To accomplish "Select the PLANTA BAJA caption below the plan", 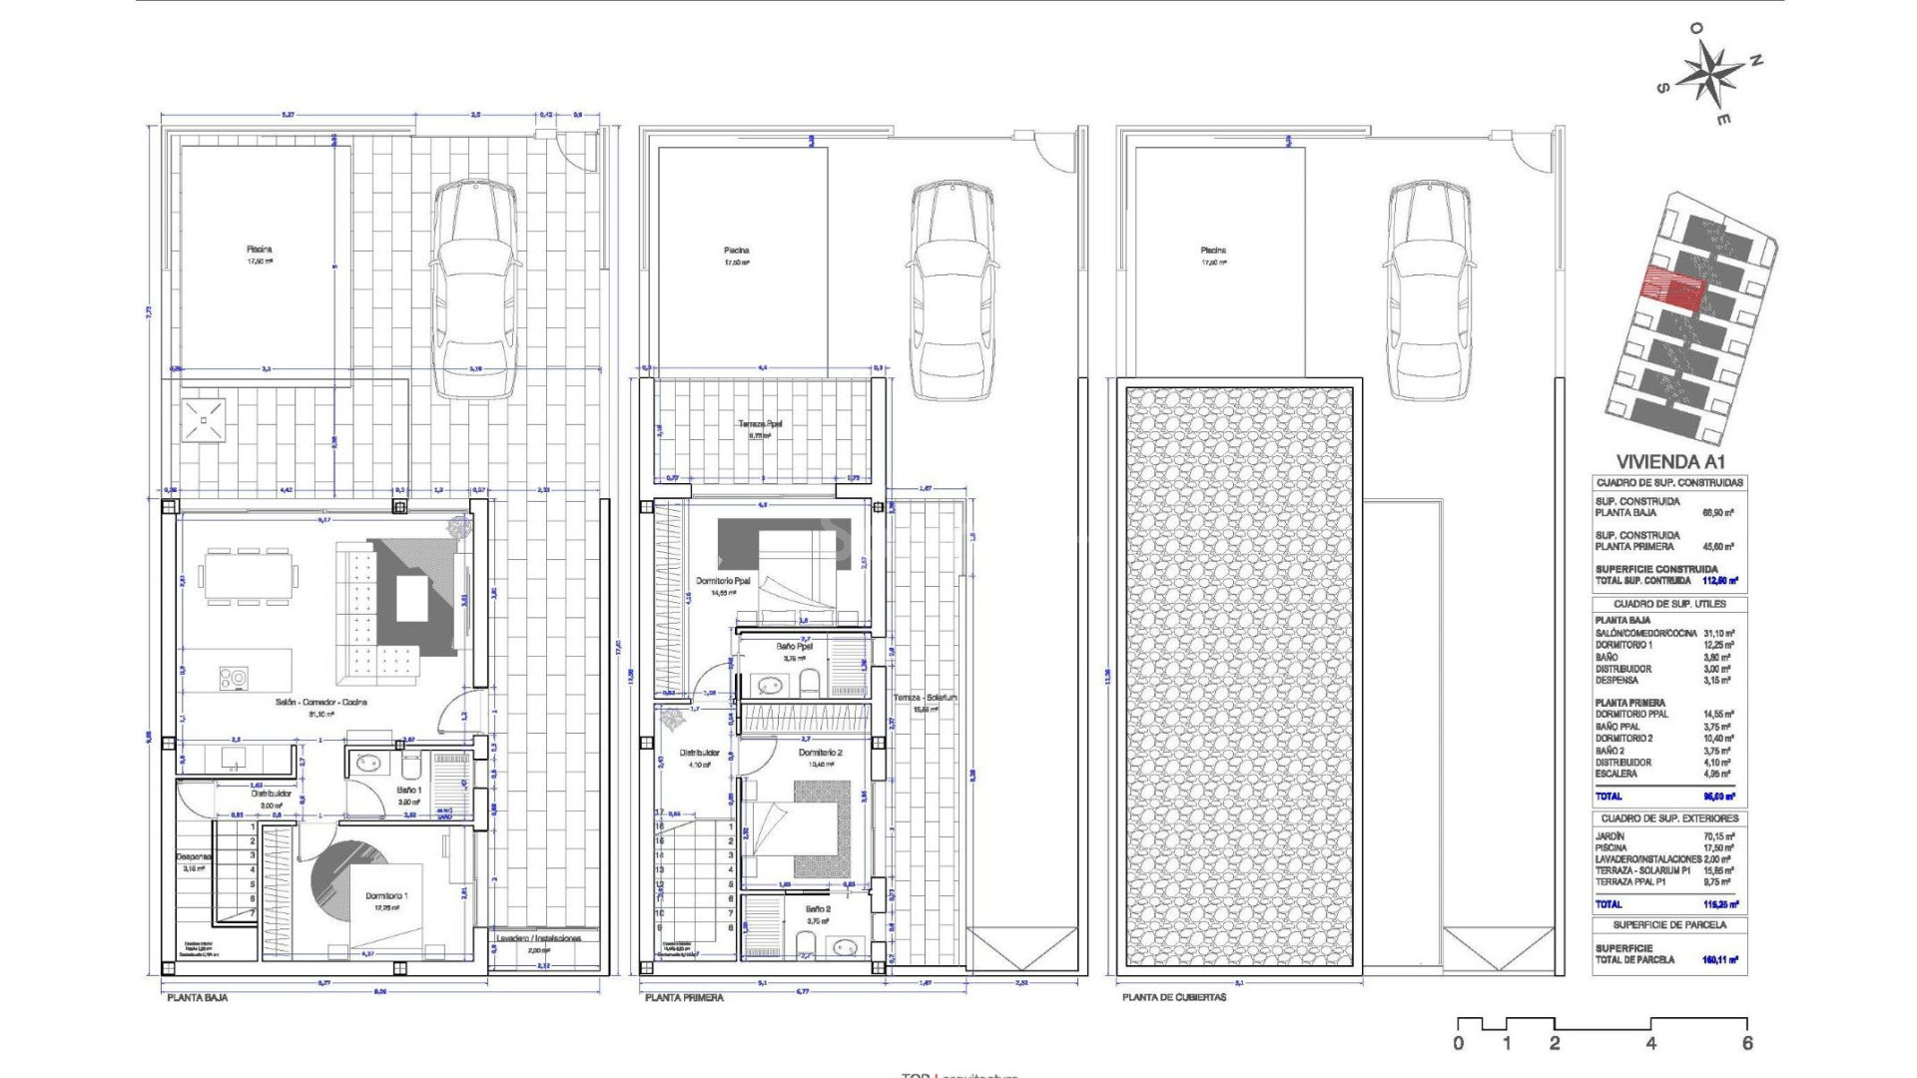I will point(197,997).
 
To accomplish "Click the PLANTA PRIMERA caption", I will point(684,997).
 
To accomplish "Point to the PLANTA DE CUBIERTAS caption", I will point(1173,997).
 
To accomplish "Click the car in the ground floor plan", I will point(475,289).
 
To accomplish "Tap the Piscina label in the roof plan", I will point(1213,251).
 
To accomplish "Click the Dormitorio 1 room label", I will point(385,896).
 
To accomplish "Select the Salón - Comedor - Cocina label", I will point(321,703).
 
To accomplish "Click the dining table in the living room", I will point(248,576).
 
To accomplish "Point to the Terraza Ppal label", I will point(760,424).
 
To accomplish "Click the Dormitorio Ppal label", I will point(723,581).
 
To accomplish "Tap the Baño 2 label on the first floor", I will point(818,909).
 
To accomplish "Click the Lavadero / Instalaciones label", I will point(539,939).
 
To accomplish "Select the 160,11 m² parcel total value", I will point(1719,960).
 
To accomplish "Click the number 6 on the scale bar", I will point(1746,1044).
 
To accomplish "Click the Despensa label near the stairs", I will point(193,856).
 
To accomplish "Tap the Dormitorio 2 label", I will point(820,753).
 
